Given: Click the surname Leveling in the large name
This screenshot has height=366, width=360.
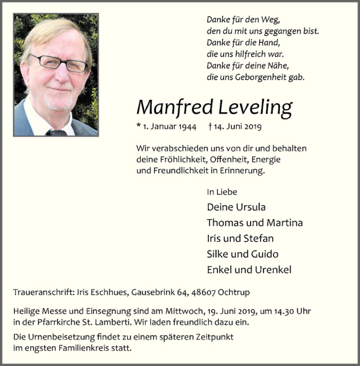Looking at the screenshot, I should (255, 107).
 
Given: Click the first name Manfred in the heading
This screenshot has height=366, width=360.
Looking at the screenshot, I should (175, 107).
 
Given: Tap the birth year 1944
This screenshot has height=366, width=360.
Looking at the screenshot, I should (187, 127).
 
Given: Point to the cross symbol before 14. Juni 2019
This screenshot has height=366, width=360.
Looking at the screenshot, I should (210, 127).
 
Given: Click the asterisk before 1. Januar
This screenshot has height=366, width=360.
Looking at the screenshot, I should (139, 127).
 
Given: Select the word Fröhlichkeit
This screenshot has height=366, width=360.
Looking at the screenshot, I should (178, 159).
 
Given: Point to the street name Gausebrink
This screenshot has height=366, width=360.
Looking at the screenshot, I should (153, 292).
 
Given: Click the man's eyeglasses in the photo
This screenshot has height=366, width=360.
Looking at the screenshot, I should (58, 63).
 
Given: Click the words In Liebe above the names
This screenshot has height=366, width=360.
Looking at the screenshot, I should (222, 192).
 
